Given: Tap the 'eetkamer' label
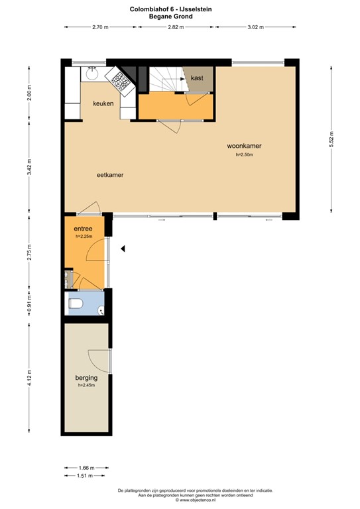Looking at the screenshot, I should click(111, 175).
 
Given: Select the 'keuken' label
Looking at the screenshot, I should click(103, 103).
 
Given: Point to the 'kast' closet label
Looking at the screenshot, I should click(196, 78).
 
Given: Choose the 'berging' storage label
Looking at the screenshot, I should click(87, 378).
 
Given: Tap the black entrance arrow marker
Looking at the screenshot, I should click(122, 249).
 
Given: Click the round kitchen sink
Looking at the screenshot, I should click(92, 75).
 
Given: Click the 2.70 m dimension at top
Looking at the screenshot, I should click(100, 27).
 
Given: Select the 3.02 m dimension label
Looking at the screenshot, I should click(255, 27).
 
